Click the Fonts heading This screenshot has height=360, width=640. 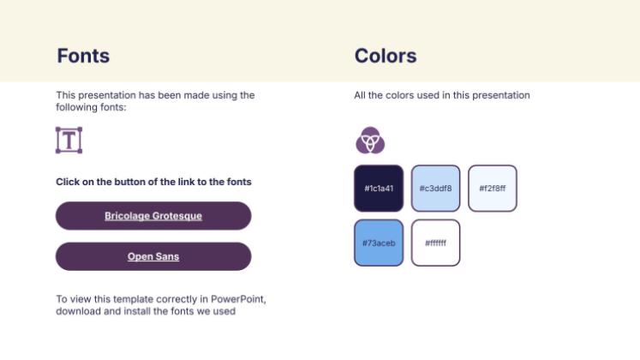click(x=83, y=57)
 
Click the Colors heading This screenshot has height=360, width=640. click(x=386, y=57)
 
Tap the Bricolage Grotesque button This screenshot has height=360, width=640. click(x=153, y=216)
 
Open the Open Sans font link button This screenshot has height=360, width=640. click(x=153, y=256)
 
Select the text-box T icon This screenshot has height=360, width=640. click(x=69, y=140)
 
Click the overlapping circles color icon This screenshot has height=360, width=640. click(x=370, y=140)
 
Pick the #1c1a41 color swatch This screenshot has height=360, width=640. click(x=378, y=189)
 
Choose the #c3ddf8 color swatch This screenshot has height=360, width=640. click(x=435, y=189)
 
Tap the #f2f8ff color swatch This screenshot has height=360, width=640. click(x=493, y=189)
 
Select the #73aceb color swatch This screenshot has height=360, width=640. click(x=378, y=243)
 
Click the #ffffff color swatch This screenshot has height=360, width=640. click(x=435, y=243)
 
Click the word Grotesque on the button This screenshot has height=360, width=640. click(x=177, y=216)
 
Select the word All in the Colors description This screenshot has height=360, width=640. click(x=361, y=95)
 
